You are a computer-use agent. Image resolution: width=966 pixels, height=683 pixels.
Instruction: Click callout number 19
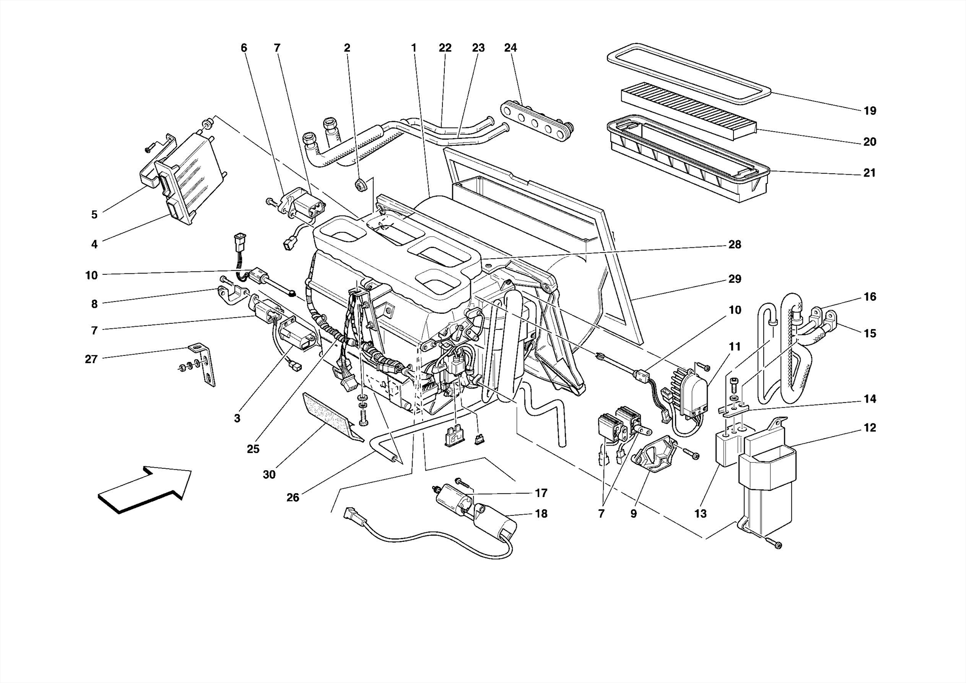870,111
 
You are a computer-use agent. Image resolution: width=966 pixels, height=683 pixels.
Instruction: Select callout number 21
869,173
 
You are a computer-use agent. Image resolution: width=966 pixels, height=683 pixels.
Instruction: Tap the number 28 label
734,245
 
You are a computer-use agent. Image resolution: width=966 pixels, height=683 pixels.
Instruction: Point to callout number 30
269,475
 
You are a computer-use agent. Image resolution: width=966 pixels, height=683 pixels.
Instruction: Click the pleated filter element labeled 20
689,111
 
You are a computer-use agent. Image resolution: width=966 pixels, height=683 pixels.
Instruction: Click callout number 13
700,514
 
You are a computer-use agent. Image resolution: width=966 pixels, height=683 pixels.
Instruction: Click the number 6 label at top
244,48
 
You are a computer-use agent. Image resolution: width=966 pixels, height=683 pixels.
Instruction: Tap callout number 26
292,497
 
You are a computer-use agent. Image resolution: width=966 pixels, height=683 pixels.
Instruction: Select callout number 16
870,297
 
